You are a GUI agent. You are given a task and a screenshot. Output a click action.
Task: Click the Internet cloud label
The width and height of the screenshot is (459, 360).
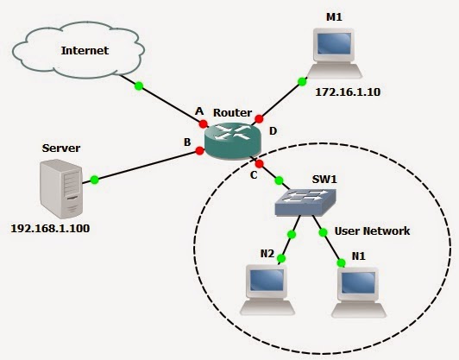tap(84, 50)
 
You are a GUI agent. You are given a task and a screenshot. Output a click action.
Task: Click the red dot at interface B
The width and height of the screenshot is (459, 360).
tap(199, 151)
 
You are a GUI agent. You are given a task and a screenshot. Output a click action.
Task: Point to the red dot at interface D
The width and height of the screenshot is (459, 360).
tap(259, 119)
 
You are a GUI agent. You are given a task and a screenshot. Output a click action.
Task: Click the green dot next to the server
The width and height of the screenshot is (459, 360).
tap(94, 180)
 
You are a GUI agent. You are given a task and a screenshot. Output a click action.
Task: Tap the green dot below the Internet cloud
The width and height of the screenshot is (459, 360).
tap(137, 85)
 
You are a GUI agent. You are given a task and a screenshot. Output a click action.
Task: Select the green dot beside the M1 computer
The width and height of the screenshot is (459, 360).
tap(302, 82)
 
